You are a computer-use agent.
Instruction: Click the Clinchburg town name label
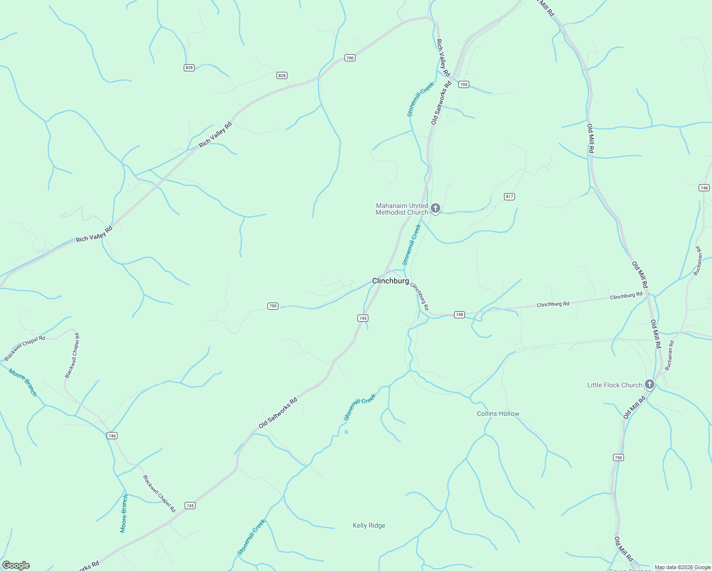390,281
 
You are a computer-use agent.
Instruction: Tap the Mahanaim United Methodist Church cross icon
435,208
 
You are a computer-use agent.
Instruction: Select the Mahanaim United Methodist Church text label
402,209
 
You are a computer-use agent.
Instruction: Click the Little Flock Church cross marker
650,384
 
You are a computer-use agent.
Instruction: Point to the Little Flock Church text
614,385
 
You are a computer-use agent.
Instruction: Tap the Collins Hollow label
498,414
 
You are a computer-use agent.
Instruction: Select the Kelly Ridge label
369,526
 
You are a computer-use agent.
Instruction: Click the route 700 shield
350,58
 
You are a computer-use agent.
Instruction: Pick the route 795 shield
464,85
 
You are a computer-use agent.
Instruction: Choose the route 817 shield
509,197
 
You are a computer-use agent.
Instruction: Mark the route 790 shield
273,306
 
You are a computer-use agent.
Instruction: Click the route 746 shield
112,435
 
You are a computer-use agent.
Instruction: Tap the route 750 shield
618,458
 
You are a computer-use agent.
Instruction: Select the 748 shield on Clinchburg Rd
459,315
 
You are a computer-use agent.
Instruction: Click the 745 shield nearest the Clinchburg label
363,318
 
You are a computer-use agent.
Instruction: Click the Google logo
16,565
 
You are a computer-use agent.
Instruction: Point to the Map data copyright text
682,567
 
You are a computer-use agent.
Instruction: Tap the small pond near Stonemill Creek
346,432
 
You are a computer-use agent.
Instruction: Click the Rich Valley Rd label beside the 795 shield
443,58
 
